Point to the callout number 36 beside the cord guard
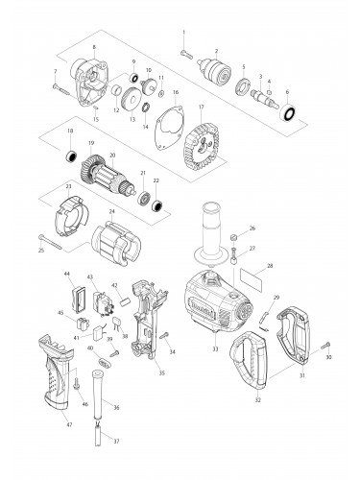pos(116,407)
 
